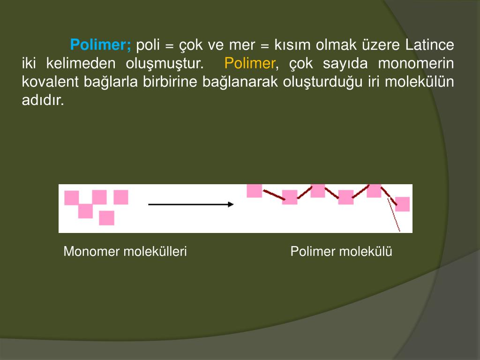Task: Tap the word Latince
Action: click(x=430, y=45)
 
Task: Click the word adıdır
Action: click(x=43, y=100)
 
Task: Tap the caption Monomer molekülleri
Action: click(x=125, y=252)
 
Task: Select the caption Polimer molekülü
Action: click(x=341, y=252)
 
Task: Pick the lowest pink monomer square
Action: click(x=107, y=218)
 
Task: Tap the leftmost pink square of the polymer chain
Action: click(x=255, y=190)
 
